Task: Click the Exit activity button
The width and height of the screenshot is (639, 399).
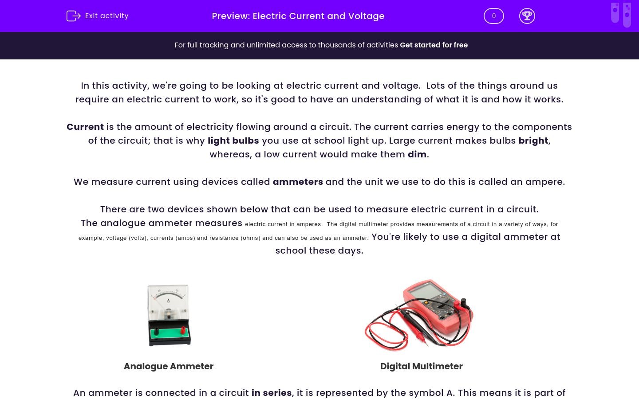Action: coord(98,16)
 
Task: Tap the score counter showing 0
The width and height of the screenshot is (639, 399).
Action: coord(493,16)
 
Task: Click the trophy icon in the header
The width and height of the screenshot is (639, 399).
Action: coord(527,16)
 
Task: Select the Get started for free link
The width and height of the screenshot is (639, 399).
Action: coord(434,45)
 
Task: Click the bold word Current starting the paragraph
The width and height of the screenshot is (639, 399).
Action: coord(85,127)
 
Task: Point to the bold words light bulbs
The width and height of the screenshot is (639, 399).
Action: coord(233,141)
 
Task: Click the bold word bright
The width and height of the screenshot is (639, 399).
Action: coord(533,141)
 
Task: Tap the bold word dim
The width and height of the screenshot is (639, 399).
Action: coord(417,154)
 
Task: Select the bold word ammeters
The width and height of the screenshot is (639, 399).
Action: coord(298,182)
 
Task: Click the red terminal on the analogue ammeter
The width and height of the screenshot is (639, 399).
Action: coord(182,330)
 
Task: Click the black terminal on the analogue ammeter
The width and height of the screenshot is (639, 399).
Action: coord(156,331)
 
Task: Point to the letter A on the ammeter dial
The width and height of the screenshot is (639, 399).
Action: coord(168,301)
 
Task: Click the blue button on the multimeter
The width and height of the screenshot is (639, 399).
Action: coord(444,294)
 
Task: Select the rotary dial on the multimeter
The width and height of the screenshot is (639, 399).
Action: coord(442,306)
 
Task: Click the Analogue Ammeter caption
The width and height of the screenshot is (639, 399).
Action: coord(169,366)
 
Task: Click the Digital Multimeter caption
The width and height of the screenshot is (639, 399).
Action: coord(421,366)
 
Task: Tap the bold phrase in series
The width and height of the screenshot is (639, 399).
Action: coord(272,393)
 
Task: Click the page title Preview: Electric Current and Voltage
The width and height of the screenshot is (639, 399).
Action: coord(298,16)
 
